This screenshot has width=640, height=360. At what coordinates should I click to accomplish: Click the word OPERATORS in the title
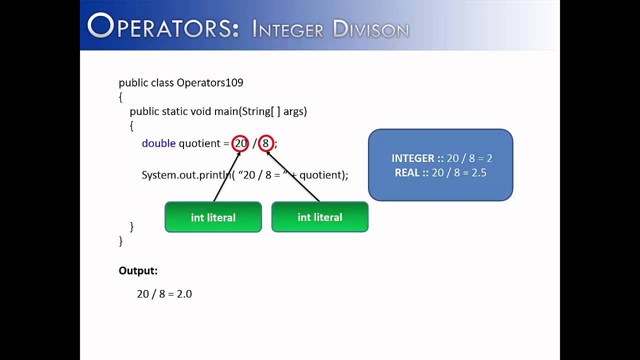[x=163, y=27]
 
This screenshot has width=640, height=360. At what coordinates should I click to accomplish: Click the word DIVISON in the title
[x=370, y=29]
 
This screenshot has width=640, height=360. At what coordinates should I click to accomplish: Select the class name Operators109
[x=209, y=82]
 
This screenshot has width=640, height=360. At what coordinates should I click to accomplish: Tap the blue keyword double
[x=158, y=143]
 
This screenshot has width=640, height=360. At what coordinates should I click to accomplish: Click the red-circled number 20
[x=240, y=143]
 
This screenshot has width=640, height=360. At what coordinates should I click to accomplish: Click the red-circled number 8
[x=266, y=143]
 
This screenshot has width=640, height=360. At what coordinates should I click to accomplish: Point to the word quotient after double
[x=199, y=143]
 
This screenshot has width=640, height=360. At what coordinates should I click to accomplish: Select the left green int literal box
[x=213, y=217]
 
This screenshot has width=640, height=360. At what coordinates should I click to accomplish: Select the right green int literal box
[x=319, y=217]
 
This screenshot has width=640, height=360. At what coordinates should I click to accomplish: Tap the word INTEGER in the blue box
[x=413, y=158]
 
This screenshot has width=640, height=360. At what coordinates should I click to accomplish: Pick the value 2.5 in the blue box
[x=478, y=173]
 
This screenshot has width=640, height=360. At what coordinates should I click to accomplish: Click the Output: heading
[x=138, y=271]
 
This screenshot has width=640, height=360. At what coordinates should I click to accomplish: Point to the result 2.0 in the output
[x=184, y=294]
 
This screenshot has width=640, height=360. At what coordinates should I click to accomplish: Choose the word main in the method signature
[x=226, y=111]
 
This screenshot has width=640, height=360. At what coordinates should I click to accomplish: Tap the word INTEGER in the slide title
[x=287, y=29]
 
